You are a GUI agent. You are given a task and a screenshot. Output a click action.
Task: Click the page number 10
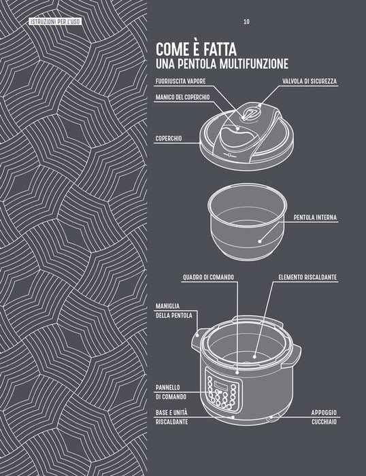246,22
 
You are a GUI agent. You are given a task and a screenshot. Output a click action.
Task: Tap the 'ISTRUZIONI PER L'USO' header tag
55,21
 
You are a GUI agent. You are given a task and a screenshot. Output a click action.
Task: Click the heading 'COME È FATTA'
196,50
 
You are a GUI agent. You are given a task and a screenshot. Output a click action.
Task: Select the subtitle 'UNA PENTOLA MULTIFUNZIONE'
222,64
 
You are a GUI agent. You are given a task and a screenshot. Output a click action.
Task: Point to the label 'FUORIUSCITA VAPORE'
180,82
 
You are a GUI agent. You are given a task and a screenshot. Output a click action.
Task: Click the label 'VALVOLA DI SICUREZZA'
310,82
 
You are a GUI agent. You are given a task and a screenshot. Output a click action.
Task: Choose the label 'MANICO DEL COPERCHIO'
182,97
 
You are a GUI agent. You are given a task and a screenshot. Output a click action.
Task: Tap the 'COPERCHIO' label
169,139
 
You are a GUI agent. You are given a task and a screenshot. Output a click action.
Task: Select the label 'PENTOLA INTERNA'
315,218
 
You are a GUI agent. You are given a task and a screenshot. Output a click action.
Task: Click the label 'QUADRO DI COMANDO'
208,277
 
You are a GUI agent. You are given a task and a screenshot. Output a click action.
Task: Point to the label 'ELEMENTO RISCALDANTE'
307,277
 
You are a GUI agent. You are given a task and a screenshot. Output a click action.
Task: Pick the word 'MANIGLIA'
167,306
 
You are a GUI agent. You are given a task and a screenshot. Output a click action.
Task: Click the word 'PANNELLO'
167,388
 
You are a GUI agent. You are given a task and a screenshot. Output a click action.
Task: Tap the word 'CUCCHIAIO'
324,422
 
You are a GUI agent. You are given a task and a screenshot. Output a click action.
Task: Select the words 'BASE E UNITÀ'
171,413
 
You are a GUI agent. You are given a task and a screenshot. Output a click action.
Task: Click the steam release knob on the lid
250,115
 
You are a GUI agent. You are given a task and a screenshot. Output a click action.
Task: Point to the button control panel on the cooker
221,388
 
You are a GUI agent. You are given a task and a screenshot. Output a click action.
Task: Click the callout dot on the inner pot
259,241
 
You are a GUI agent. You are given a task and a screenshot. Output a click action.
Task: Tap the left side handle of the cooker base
197,339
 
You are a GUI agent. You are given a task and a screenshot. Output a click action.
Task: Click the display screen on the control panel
222,385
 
